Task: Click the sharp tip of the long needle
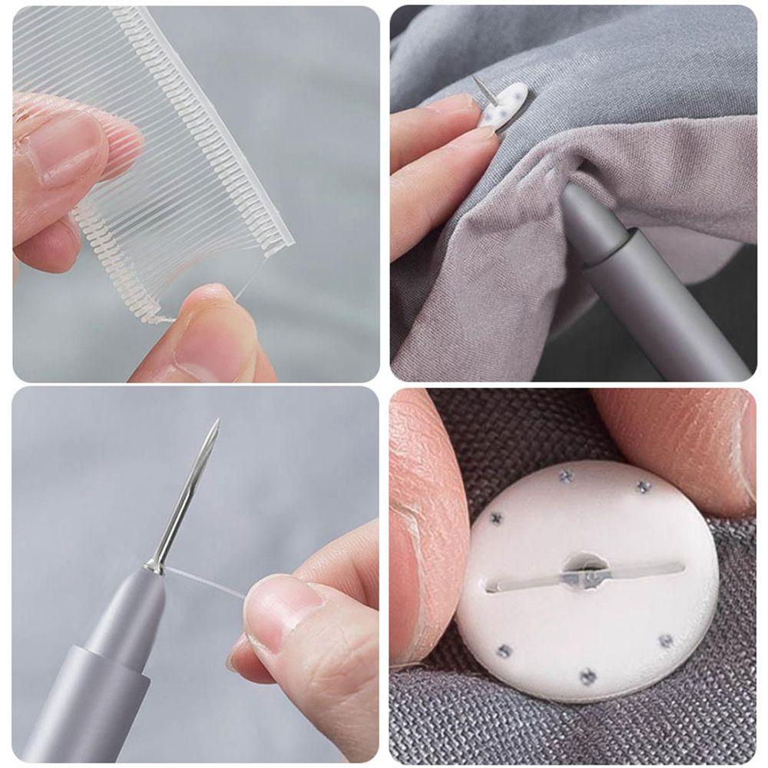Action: [x=217, y=420]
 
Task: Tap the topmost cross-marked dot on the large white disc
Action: [x=567, y=475]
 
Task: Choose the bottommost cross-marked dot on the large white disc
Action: [x=588, y=676]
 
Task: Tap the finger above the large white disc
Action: [x=676, y=438]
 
